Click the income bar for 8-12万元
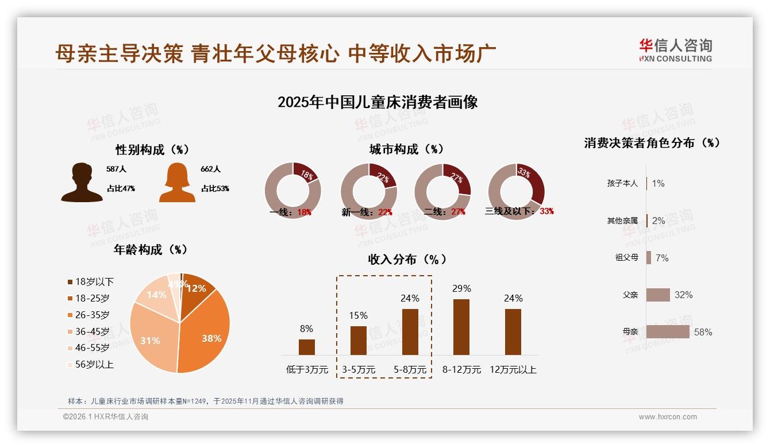(461, 327)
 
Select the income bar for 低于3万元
(306, 347)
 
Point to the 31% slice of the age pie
(151, 340)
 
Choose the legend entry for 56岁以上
(90, 364)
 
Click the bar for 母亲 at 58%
(667, 332)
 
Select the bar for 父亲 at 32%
(658, 295)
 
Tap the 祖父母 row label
(626, 258)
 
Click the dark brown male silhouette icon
(82, 182)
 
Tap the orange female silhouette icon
(177, 182)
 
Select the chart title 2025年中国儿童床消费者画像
(378, 102)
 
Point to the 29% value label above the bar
(461, 288)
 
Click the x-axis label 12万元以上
(513, 370)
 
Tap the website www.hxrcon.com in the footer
(668, 417)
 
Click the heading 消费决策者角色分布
(652, 143)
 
